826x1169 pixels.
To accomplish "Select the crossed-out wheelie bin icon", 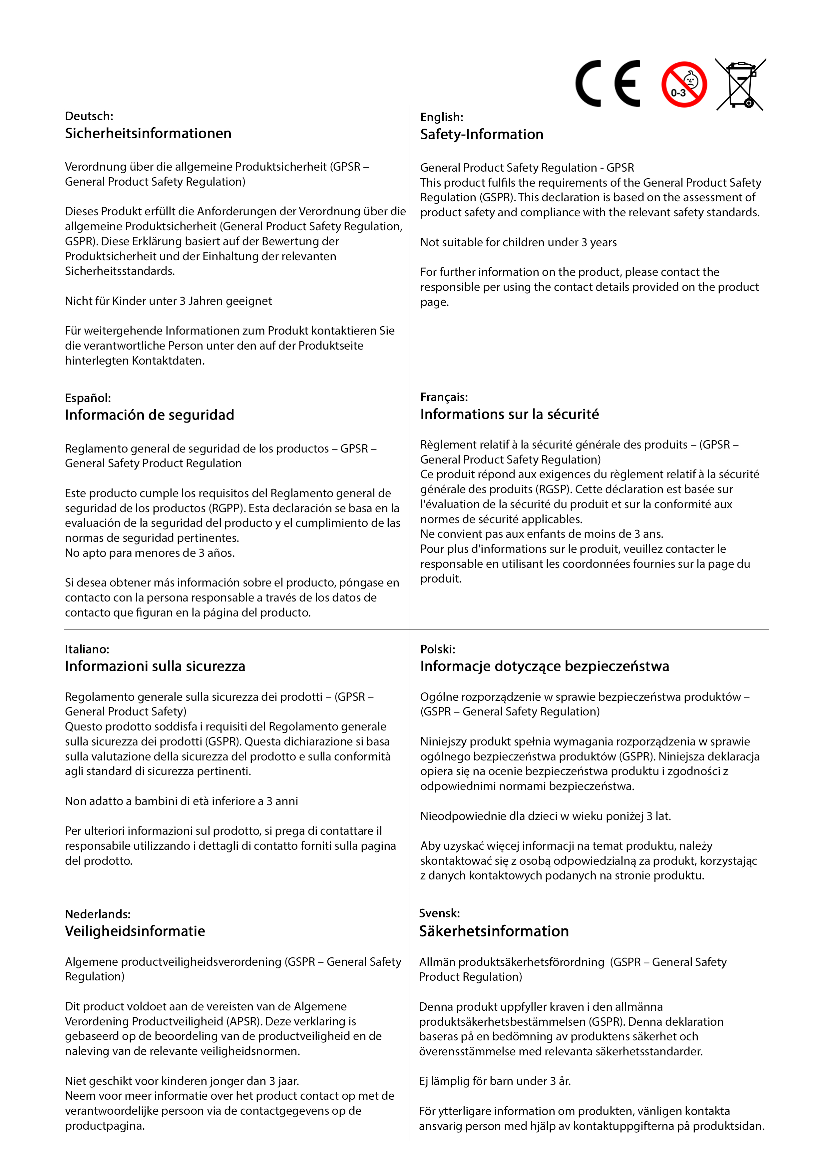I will click(740, 85).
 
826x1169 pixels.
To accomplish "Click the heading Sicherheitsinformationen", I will click(148, 133).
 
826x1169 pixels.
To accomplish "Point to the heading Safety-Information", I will click(482, 134).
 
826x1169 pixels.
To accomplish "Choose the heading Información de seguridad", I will click(149, 415).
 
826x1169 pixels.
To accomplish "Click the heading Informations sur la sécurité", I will click(510, 414).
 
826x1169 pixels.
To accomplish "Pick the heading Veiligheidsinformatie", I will click(135, 931).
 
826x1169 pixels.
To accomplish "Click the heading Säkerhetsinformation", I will click(494, 931).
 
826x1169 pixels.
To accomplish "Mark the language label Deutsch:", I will click(89, 116).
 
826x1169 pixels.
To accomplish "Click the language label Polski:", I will click(438, 649).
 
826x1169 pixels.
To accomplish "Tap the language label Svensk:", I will click(439, 913).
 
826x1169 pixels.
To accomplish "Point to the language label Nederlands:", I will click(98, 914).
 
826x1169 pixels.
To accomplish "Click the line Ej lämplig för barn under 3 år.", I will click(495, 1081).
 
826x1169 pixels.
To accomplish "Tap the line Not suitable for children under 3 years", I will click(518, 242).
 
